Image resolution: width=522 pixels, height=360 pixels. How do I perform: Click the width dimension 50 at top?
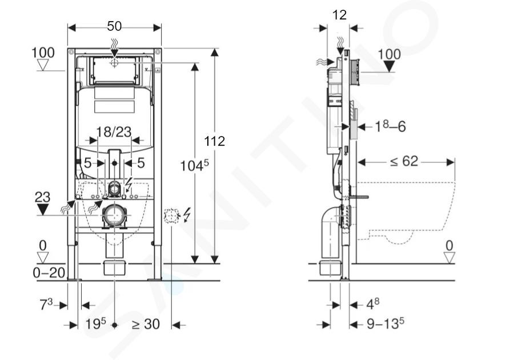[114, 26]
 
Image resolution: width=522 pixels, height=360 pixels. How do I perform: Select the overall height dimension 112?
[214, 141]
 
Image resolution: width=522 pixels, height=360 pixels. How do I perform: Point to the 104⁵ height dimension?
[195, 165]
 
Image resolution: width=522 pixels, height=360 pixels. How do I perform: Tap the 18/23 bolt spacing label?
[114, 132]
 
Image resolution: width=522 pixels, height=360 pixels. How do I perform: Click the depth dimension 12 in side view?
[339, 15]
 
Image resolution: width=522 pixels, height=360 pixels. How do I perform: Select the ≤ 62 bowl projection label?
[404, 161]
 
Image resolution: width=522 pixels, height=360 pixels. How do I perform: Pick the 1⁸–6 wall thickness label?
[390, 126]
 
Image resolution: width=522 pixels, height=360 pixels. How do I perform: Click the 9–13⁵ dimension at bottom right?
[386, 323]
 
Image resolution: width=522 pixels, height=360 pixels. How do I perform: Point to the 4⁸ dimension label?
[373, 303]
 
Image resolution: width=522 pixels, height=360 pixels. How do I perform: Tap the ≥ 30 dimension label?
[146, 323]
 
